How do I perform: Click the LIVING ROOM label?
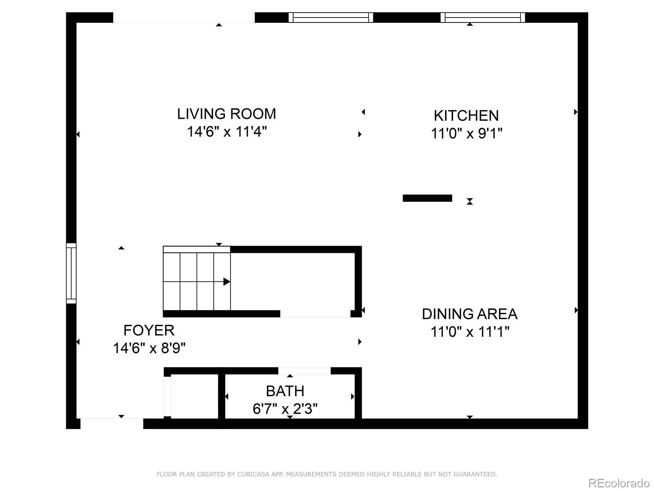[x=226, y=114]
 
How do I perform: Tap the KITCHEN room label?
[x=466, y=116]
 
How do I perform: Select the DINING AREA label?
[x=470, y=314]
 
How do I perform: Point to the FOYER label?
[x=149, y=330]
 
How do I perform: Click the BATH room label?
[x=285, y=391]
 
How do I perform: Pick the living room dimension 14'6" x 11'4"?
[x=227, y=131]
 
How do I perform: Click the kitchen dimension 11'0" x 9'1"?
[x=467, y=133]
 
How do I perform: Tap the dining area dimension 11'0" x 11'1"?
[x=470, y=331]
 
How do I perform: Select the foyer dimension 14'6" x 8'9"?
[x=149, y=348]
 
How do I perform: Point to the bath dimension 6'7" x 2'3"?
[x=285, y=409]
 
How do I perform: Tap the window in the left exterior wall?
[x=71, y=273]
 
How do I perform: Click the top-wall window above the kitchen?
[x=483, y=17]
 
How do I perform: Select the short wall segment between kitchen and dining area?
[x=427, y=198]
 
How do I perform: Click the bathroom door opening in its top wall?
[x=305, y=371]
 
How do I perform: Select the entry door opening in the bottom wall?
[x=112, y=423]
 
